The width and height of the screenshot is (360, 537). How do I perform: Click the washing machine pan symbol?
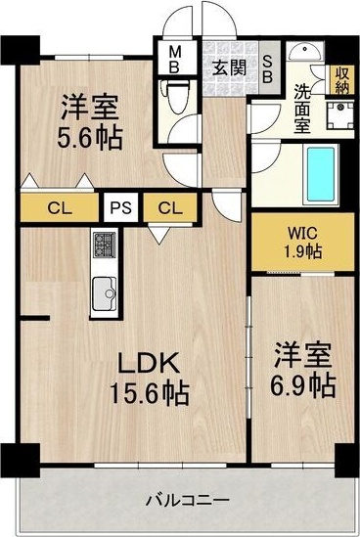point(339,113)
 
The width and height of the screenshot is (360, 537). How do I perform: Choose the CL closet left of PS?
point(61,207)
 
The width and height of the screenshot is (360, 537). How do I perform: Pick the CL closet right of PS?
point(168,207)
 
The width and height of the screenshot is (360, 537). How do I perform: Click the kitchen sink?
point(104,290)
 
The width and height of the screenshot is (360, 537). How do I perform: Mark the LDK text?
point(148,364)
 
